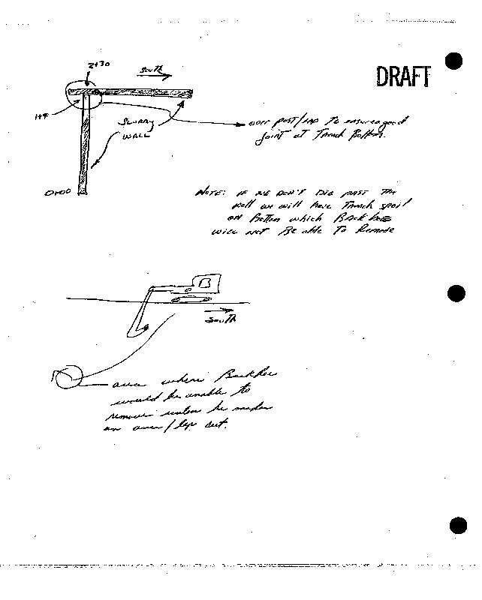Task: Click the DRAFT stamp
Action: point(404,76)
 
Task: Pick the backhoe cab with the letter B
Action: point(205,283)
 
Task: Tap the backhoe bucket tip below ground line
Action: point(144,327)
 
